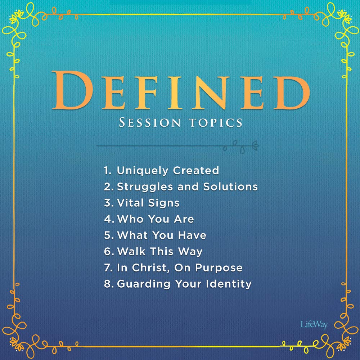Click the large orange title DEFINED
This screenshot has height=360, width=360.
[181, 90]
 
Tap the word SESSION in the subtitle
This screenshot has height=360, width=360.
[150, 122]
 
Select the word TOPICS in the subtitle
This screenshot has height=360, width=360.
[216, 123]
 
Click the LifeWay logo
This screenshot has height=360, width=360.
[314, 325]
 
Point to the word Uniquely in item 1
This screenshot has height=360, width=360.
[143, 171]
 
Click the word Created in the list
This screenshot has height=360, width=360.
[196, 170]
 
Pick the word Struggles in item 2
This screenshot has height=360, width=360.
[145, 187]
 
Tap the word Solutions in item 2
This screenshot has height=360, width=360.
[230, 186]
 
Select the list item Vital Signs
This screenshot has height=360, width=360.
[141, 203]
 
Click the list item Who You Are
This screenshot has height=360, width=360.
[149, 219]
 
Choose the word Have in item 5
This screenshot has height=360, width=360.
[192, 235]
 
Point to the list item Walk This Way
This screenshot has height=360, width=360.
[153, 252]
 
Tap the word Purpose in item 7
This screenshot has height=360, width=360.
[219, 268]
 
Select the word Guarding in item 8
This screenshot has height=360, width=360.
[144, 284]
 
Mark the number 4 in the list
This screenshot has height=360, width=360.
[108, 219]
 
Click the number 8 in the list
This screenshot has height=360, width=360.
[108, 284]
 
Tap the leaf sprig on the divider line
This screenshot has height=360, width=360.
[241, 147]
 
